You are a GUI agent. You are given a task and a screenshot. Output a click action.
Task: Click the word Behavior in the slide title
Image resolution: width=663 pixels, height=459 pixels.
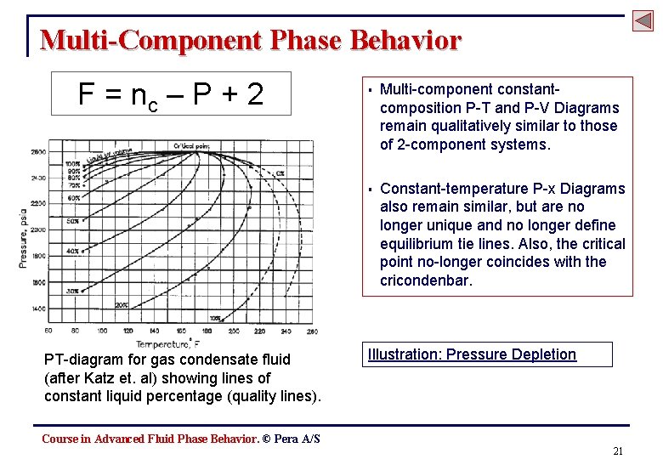tap(403, 40)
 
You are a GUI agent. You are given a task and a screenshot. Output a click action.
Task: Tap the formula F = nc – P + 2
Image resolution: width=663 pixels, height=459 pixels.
tap(170, 94)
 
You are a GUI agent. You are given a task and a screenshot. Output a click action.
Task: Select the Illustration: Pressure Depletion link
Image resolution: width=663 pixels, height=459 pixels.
tap(472, 354)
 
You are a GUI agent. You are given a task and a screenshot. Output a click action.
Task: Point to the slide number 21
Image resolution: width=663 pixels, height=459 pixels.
tap(618, 450)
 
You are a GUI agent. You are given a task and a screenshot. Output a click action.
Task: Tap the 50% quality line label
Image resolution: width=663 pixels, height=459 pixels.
tap(72, 221)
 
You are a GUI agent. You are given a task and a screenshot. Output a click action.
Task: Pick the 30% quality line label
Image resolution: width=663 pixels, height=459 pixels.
tap(72, 291)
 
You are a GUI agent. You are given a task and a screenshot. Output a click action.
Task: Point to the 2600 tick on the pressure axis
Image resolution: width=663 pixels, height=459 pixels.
tap(39, 152)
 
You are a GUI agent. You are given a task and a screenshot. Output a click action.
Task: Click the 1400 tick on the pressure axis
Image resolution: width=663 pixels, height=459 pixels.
tap(39, 309)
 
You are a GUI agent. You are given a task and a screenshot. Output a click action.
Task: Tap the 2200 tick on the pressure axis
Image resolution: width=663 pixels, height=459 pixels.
tap(39, 204)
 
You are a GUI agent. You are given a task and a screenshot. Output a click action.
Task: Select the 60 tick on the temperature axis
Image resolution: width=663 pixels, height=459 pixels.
tap(48, 331)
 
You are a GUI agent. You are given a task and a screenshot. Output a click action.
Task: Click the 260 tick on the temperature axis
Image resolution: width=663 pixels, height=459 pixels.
tap(311, 331)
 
